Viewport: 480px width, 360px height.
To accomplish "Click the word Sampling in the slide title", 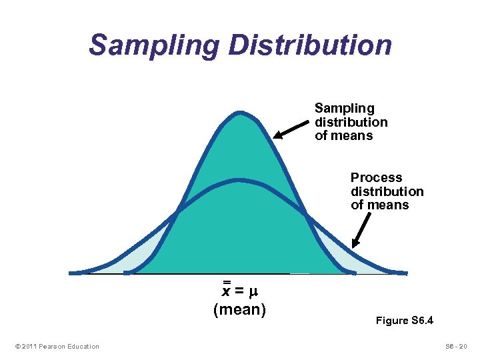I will pos(154,45).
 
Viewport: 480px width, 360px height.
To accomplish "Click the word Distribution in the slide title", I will pos(310,45).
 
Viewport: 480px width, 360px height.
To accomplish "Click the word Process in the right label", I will pos(377,177).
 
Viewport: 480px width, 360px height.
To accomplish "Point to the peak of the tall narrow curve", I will pos(239,115).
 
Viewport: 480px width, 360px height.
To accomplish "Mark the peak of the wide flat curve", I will pos(239,180).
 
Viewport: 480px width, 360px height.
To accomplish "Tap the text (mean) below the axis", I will pos(239,309).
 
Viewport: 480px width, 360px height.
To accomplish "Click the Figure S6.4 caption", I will pos(405,321).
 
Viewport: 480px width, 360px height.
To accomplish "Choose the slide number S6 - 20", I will pos(457,346).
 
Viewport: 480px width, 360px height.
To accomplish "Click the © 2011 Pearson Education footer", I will pos(55,346).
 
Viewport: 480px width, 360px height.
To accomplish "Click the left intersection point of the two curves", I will pos(176,213).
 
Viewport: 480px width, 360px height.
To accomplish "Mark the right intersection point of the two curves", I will pos(305,213).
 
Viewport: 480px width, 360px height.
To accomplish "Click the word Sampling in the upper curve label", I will pos(344,108).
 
